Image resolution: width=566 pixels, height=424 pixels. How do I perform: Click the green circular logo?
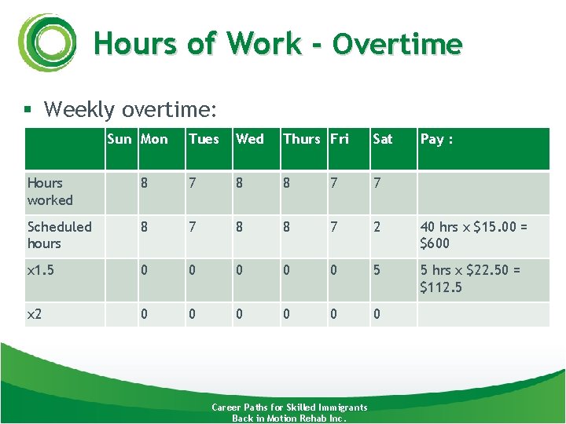(48, 43)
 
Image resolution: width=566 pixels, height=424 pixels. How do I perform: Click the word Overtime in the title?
(397, 44)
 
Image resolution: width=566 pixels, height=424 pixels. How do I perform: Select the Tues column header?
(204, 139)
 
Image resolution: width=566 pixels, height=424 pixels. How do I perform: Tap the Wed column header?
(250, 139)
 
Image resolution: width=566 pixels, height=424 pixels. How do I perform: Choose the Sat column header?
(383, 139)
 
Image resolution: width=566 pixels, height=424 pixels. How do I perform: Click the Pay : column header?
(436, 139)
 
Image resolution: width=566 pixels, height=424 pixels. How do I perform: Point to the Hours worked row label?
(50, 192)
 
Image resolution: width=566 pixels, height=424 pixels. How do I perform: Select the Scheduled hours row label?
(59, 235)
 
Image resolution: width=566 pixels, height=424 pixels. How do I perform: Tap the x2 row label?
(35, 314)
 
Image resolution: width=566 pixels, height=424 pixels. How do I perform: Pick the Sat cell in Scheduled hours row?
(377, 227)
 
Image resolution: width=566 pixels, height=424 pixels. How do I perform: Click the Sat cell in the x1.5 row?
(377, 270)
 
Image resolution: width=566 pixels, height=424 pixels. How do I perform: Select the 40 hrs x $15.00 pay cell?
(473, 235)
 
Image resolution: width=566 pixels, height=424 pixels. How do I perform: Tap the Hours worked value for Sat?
(377, 183)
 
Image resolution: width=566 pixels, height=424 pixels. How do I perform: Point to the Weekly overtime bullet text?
(130, 109)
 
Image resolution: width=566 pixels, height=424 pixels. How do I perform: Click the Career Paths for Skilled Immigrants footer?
(289, 408)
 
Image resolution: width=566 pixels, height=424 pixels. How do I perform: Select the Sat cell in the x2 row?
(377, 314)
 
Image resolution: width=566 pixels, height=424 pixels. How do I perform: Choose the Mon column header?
(154, 139)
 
